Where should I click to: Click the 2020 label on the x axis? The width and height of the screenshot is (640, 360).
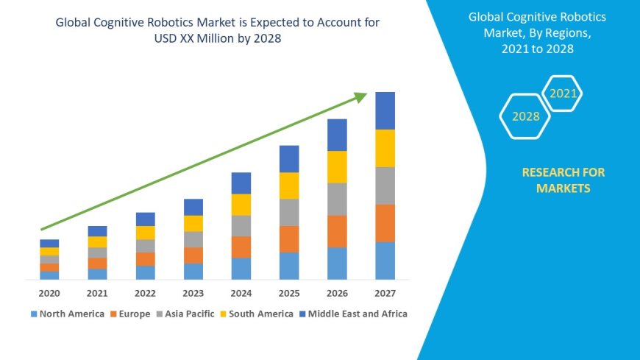(49, 293)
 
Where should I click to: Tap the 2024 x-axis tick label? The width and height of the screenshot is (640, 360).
(241, 293)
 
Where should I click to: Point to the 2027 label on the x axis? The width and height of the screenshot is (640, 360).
(385, 293)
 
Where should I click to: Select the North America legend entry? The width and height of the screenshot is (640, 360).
(68, 314)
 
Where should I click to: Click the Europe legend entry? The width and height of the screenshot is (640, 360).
(130, 314)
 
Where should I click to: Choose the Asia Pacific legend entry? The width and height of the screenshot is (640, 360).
(186, 314)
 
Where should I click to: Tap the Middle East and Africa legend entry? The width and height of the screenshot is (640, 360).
(352, 314)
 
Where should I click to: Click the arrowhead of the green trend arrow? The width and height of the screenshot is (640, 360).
(360, 96)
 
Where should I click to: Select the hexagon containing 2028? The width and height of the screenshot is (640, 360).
(525, 116)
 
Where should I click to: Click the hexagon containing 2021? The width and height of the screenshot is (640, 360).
(563, 93)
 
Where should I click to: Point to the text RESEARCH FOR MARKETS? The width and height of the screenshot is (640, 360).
(563, 180)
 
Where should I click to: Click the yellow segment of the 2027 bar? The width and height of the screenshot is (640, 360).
(385, 148)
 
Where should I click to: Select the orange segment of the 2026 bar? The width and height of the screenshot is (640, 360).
(337, 231)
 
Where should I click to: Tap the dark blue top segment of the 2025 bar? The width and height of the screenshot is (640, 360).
(289, 159)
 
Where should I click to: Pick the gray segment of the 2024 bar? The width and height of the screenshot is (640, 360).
(241, 226)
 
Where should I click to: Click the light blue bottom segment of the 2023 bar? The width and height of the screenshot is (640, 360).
(193, 272)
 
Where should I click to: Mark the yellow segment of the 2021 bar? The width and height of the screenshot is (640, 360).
(97, 241)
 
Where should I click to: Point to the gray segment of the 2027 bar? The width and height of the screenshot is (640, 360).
(385, 186)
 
